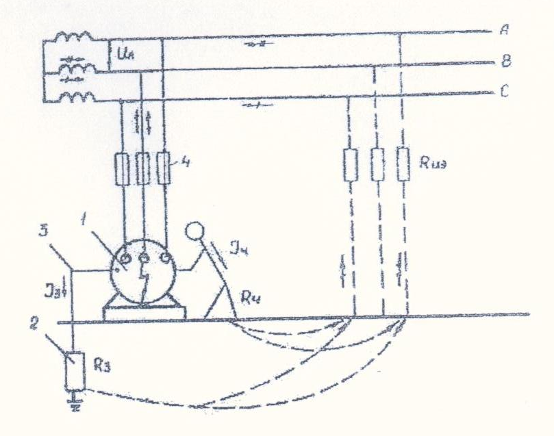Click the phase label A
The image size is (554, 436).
pyautogui.click(x=505, y=30)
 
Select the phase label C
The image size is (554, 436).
pyautogui.click(x=504, y=92)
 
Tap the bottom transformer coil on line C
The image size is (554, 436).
pyautogui.click(x=76, y=97)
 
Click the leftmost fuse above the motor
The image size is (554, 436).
pyautogui.click(x=123, y=168)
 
